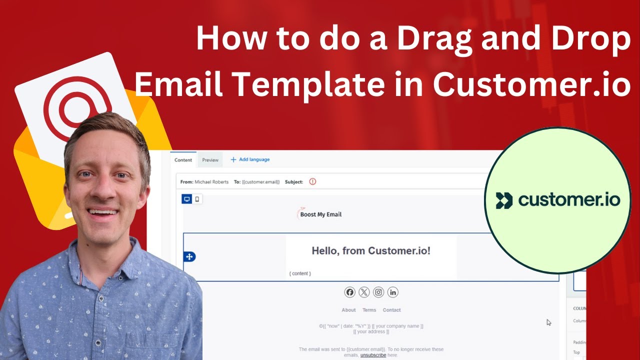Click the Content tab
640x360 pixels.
click(x=183, y=160)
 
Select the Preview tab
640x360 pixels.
click(x=210, y=160)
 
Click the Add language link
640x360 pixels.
click(x=250, y=159)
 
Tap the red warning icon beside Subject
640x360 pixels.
click(x=312, y=181)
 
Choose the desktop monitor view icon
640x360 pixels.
click(x=187, y=199)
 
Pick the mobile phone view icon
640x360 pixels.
click(x=197, y=199)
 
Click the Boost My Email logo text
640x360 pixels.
click(x=320, y=214)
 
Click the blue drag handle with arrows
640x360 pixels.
click(x=189, y=256)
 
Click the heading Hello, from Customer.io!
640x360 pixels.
click(x=371, y=250)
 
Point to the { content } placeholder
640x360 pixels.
click(x=300, y=273)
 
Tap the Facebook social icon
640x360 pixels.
click(x=349, y=292)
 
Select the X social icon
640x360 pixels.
click(x=364, y=292)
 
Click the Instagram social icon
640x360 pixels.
click(x=378, y=292)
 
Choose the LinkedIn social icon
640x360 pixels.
click(x=392, y=292)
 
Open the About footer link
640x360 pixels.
click(x=348, y=310)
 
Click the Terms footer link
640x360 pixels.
click(x=369, y=310)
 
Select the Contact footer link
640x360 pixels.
click(x=391, y=310)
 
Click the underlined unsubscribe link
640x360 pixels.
click(x=373, y=355)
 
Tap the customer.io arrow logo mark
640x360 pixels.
click(x=504, y=200)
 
